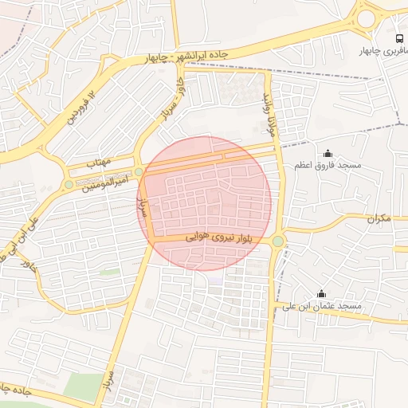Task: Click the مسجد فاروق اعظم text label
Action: [328, 165]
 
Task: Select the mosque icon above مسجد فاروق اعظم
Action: [328, 153]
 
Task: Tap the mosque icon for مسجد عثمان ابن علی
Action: [322, 294]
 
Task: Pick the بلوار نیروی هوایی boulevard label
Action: [212, 237]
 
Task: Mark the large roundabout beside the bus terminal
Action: [367, 18]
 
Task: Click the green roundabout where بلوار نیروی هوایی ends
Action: [277, 241]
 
